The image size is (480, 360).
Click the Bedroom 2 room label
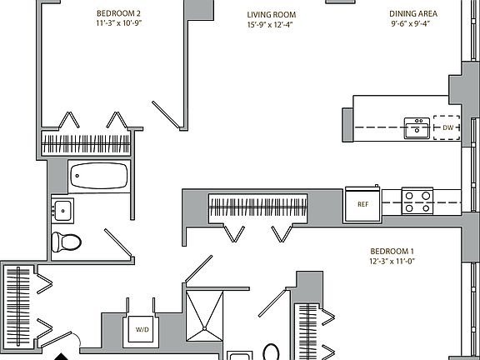point(118,13)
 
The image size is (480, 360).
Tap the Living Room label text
point(272,15)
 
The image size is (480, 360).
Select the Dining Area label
point(413,14)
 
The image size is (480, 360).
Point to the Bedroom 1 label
point(392,252)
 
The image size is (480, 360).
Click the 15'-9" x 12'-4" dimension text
point(270,24)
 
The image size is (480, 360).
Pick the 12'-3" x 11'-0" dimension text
point(392,262)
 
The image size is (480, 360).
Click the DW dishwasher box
point(447,127)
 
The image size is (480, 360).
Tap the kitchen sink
point(417,128)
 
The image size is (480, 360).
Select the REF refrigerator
point(362,204)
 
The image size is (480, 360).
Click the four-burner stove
point(417,201)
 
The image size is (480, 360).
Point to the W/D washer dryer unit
point(141,329)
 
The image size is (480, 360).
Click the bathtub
point(99,176)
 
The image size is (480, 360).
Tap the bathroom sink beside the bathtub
point(62,211)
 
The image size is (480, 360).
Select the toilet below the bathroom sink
point(66,242)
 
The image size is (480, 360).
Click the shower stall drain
point(204,329)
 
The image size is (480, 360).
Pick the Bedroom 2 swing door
point(166,115)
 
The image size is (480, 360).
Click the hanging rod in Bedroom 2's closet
point(86,144)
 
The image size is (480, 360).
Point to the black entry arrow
point(61,357)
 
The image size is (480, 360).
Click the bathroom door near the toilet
point(118,242)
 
